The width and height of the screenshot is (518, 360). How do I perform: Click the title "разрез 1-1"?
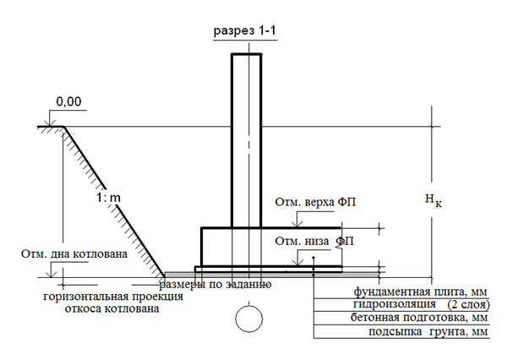[245, 30]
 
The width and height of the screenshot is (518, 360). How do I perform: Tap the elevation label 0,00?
[68, 101]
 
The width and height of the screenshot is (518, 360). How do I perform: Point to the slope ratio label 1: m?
[108, 198]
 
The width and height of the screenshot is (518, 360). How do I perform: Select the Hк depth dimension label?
[433, 199]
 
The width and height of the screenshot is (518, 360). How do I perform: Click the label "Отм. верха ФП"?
[315, 202]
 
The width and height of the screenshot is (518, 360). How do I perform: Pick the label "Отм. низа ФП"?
[314, 241]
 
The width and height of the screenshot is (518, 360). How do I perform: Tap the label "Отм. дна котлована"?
[74, 254]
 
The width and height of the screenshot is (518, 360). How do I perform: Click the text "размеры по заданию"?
[215, 284]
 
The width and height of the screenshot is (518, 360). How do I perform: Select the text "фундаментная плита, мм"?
[421, 292]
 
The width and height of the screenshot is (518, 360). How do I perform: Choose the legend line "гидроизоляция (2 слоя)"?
[421, 304]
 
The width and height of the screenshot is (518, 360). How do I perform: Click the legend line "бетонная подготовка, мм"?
[419, 318]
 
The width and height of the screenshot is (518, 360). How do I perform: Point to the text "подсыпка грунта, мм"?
[428, 331]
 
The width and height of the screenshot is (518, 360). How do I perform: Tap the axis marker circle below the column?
[249, 319]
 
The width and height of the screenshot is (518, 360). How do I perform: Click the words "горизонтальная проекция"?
[113, 297]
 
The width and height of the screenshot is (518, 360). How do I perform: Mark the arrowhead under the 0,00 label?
[50, 123]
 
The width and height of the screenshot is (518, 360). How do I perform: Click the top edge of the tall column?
[247, 54]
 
